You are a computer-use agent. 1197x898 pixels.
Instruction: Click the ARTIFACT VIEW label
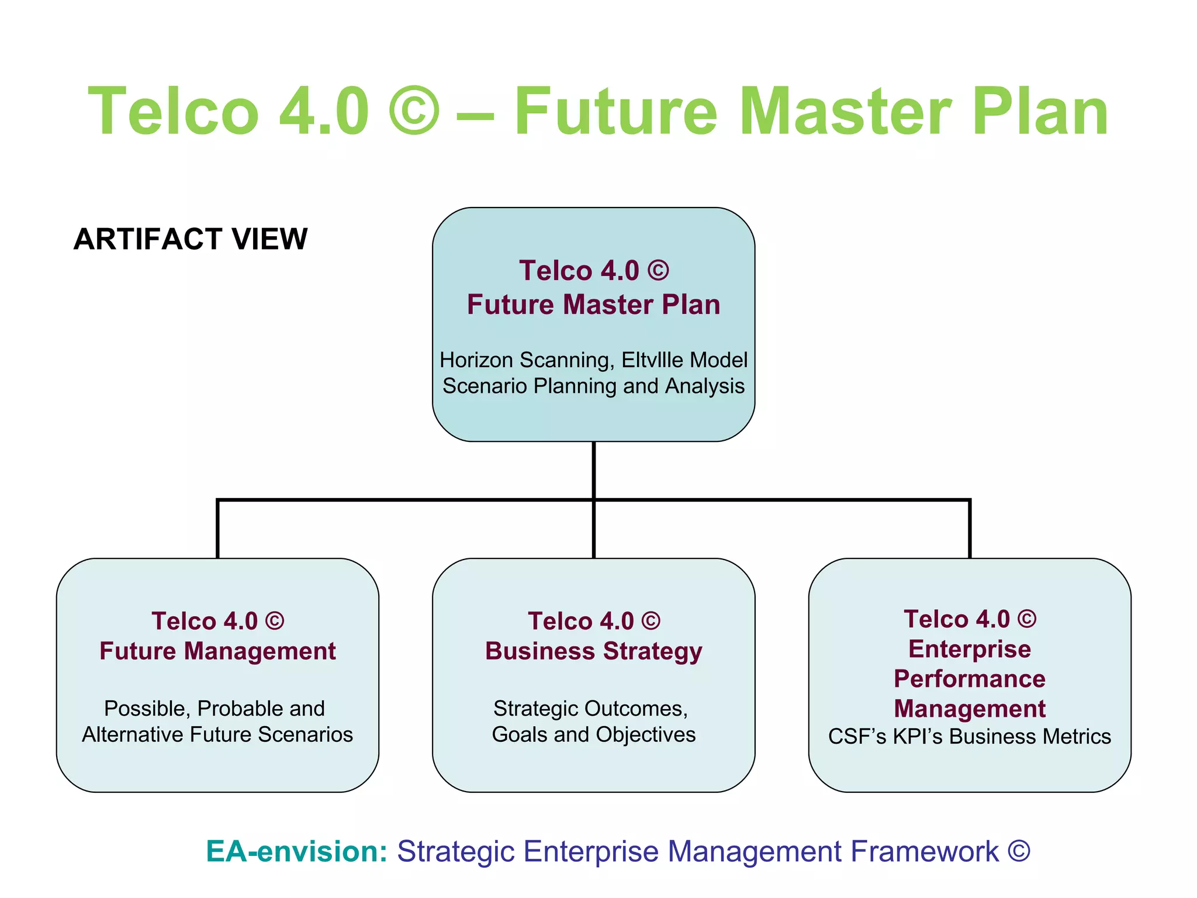(x=191, y=239)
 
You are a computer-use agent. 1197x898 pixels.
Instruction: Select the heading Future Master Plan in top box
(x=593, y=305)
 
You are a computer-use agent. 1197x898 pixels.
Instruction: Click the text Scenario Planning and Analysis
(x=593, y=386)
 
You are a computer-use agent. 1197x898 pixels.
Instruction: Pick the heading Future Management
(x=217, y=651)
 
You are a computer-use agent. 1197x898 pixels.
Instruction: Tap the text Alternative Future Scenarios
(x=217, y=735)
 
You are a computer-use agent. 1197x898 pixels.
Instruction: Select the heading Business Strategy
(x=593, y=651)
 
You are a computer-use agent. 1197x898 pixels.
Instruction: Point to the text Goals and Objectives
(x=593, y=735)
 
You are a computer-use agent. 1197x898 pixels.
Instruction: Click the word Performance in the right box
(x=969, y=679)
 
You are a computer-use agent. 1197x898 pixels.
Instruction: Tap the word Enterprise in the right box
(x=969, y=649)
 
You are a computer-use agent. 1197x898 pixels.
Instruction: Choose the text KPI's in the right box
(x=918, y=737)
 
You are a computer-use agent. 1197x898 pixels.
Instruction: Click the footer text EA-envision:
(x=297, y=851)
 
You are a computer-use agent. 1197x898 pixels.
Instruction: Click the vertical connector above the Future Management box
(x=217, y=529)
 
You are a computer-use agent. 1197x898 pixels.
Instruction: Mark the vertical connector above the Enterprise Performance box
(x=970, y=529)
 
